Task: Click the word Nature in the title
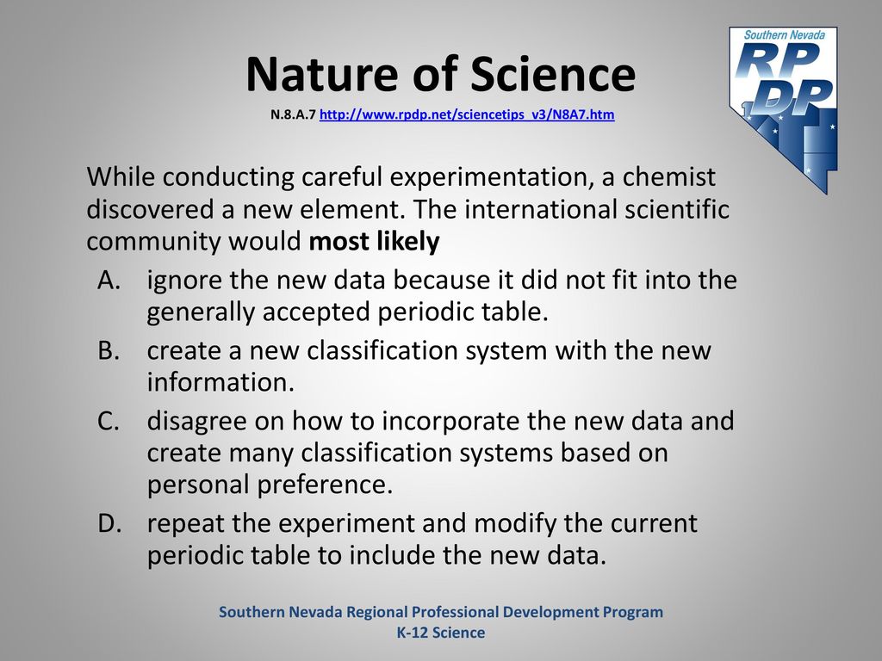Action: pyautogui.click(x=324, y=74)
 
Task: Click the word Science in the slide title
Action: pyautogui.click(x=552, y=74)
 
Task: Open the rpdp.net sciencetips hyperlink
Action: pyautogui.click(x=467, y=114)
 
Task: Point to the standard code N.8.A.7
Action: pyautogui.click(x=293, y=114)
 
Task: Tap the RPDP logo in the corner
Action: pyautogui.click(x=784, y=109)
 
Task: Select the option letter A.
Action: pyautogui.click(x=109, y=280)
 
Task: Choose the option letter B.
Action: pyautogui.click(x=108, y=350)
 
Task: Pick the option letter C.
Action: pyautogui.click(x=108, y=421)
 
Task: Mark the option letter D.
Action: pyautogui.click(x=109, y=523)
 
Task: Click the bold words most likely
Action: pyautogui.click(x=374, y=242)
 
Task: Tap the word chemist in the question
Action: pyautogui.click(x=668, y=177)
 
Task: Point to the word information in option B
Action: pyautogui.click(x=220, y=382)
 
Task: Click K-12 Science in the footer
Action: pyautogui.click(x=441, y=633)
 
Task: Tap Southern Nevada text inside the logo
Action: pyautogui.click(x=784, y=34)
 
